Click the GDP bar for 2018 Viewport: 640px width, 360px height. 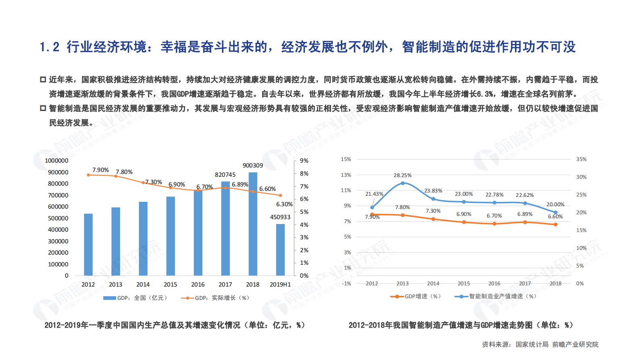coord(253,224)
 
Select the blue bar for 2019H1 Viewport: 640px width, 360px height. coord(280,250)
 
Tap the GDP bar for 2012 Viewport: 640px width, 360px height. coord(88,245)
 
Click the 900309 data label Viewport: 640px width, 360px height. coord(253,165)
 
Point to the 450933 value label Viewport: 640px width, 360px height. coord(280,217)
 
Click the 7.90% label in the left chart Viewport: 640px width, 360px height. coord(100,170)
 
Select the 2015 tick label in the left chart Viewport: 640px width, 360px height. coord(170,285)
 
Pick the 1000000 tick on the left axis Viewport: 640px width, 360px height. coord(56,161)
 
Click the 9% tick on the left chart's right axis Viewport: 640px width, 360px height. coord(304,161)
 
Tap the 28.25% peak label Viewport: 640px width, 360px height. coord(402,176)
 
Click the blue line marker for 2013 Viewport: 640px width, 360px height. coord(402,183)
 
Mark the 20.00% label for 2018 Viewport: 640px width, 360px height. coord(555,205)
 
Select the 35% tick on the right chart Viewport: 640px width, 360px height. coord(581,159)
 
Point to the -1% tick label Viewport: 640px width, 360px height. coord(346,284)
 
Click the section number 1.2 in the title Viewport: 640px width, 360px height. coord(50,47)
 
